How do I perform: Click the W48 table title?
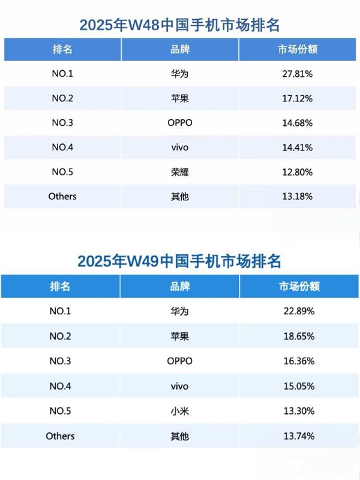[180, 25]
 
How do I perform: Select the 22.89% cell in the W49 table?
[299, 311]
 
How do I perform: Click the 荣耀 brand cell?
[179, 172]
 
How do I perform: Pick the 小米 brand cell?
[179, 411]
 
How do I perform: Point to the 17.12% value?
[298, 98]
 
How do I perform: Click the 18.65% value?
[299, 337]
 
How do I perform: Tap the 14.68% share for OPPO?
[298, 123]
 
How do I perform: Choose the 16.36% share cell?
[299, 361]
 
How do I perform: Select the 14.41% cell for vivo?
[298, 147]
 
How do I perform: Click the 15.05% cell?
[299, 386]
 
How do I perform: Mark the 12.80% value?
[298, 172]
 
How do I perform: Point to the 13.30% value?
[299, 411]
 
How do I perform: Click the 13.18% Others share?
[298, 196]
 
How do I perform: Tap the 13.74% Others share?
[299, 436]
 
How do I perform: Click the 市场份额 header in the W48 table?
[298, 49]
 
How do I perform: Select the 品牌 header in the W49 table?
[179, 286]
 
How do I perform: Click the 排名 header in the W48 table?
[62, 49]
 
